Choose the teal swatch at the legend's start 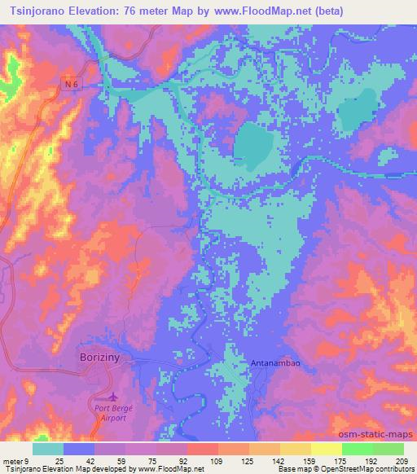tap(47, 448)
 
